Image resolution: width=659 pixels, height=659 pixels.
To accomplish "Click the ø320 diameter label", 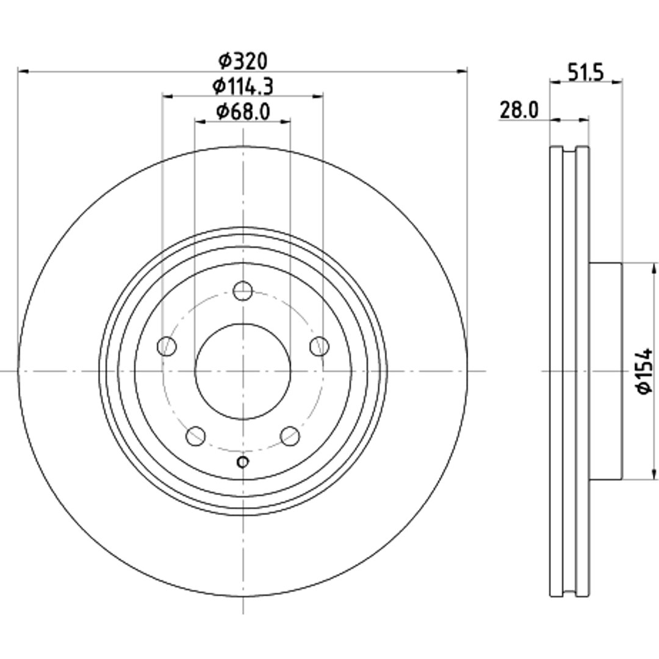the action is [x=242, y=62].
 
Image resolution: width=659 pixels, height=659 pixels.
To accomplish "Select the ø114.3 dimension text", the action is [x=242, y=86].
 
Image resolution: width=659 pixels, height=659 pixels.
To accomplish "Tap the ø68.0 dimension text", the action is [x=242, y=112].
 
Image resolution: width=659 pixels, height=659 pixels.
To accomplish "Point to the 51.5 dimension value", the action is [x=585, y=72].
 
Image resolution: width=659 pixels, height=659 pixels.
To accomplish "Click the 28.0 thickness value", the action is [x=519, y=110].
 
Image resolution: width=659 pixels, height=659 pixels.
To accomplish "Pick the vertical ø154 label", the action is [x=644, y=371].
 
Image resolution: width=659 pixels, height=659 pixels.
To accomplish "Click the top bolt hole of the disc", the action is [x=242, y=291].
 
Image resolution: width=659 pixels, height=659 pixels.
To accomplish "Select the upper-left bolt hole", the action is [x=167, y=347].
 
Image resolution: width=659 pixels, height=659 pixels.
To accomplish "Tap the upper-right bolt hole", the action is [x=319, y=347].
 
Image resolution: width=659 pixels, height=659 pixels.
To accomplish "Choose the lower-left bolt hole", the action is [x=195, y=436].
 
